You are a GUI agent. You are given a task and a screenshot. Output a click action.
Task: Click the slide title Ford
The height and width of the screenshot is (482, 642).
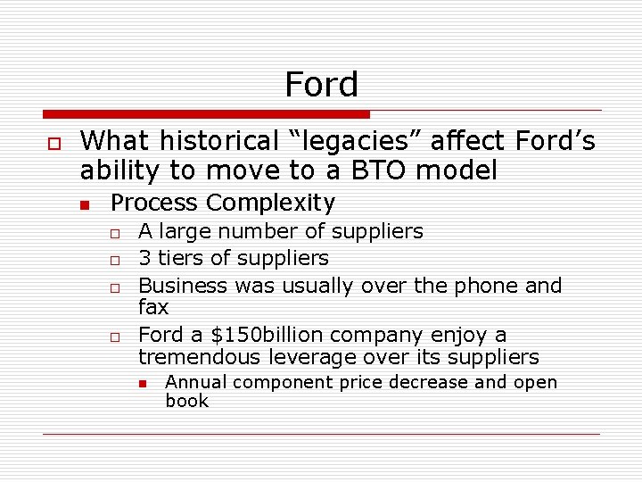(x=321, y=85)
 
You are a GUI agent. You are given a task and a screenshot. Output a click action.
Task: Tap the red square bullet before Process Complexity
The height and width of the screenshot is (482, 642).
(x=85, y=205)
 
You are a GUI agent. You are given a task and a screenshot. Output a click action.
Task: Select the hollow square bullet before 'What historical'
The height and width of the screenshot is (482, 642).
(x=53, y=144)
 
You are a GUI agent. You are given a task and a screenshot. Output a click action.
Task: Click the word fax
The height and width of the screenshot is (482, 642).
(x=153, y=308)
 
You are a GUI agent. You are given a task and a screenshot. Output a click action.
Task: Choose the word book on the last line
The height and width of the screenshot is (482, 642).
(x=186, y=401)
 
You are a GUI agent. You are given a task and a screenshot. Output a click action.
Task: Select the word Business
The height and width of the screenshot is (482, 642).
(x=183, y=287)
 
